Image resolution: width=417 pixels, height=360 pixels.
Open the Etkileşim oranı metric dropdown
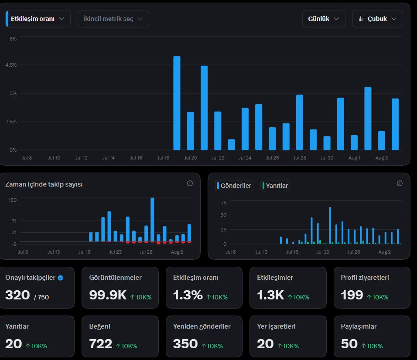tap(38, 19)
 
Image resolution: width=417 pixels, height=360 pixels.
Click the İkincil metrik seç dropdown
tap(113, 19)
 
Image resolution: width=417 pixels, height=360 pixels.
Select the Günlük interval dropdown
tap(324, 19)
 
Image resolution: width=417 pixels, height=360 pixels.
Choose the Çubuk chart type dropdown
tap(378, 19)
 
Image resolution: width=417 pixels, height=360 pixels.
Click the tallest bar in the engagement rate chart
tap(177, 103)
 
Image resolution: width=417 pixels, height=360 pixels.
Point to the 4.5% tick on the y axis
tap(11, 65)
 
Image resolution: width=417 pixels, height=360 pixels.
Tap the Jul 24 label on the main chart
tap(245, 158)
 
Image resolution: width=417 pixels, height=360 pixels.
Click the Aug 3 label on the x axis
tap(382, 158)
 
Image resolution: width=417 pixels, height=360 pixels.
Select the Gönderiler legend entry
tap(234, 186)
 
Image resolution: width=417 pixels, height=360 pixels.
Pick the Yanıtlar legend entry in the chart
tap(275, 186)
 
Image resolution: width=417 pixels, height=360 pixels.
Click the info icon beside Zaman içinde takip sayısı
tap(190, 183)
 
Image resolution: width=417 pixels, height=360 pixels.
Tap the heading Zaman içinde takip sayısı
tap(44, 184)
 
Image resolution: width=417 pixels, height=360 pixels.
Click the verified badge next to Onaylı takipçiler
tap(61, 278)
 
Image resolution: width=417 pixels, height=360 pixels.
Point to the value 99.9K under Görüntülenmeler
tap(108, 295)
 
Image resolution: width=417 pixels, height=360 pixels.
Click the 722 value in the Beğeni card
tap(100, 344)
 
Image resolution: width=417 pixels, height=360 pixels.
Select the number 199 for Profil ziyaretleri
tap(352, 295)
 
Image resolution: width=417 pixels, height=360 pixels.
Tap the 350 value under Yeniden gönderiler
tap(185, 344)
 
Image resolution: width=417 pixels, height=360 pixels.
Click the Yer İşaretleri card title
tap(276, 326)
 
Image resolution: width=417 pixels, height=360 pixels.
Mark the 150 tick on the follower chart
tap(13, 200)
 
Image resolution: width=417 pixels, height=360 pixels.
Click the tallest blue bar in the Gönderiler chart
tap(330, 225)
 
